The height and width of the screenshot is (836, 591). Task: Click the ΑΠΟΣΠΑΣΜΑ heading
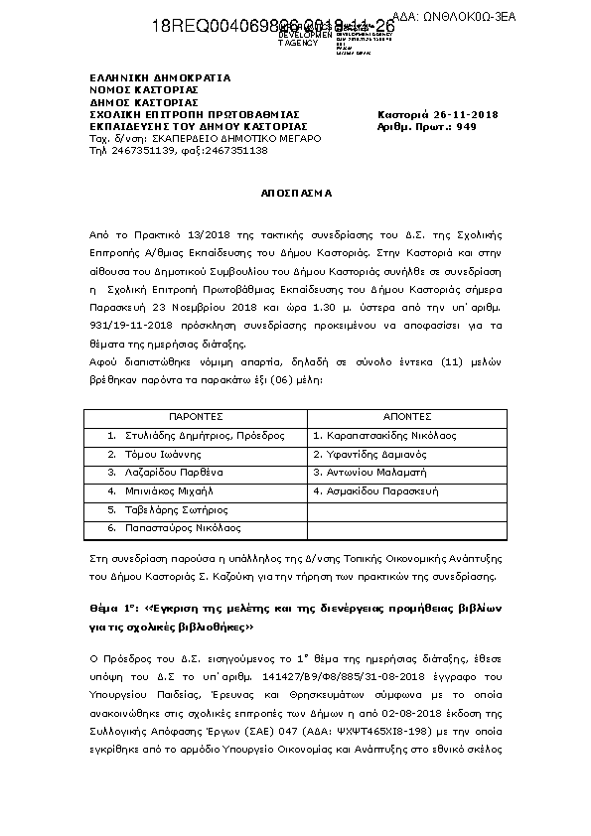[x=295, y=193]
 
